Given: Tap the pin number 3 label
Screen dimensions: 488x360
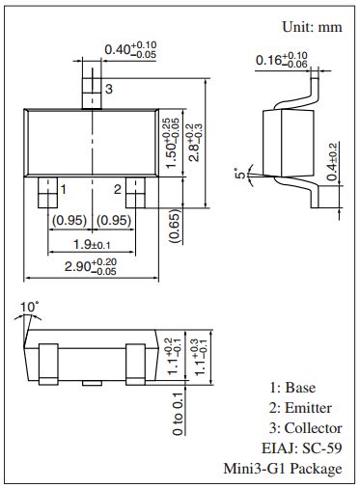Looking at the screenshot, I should [109, 89].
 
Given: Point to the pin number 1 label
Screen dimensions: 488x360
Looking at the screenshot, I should [63, 189].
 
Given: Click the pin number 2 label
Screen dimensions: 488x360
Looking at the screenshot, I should [117, 189].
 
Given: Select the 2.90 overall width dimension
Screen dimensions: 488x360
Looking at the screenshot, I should [90, 265].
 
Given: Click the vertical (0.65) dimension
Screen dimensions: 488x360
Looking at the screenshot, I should [175, 228].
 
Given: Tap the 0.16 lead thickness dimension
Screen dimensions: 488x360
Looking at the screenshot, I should [282, 60].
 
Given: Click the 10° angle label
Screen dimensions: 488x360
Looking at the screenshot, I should [30, 307].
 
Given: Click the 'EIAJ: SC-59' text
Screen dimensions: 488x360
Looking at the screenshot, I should [301, 448].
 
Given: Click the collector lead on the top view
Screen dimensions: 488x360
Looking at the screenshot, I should [92, 92].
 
